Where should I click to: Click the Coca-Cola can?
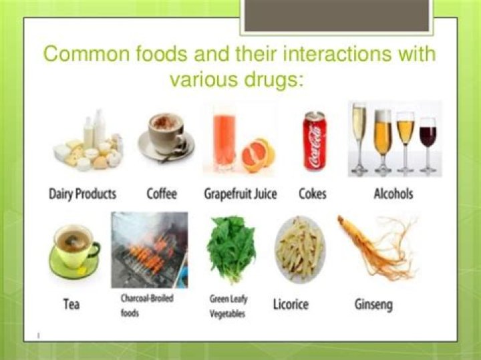[x=315, y=141]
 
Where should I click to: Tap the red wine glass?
[x=428, y=144]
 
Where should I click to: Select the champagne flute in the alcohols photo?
[x=359, y=139]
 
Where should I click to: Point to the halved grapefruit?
[x=259, y=154]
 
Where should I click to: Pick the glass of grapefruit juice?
[x=224, y=140]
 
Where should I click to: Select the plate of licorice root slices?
[x=299, y=249]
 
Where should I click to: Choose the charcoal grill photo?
[x=150, y=250]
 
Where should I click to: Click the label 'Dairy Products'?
[x=83, y=194]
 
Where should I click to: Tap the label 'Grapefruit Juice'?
[x=240, y=194]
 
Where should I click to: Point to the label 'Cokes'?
[x=313, y=194]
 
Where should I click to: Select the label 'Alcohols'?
[x=393, y=194]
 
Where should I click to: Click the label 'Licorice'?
[x=291, y=305]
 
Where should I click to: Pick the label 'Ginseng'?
[x=373, y=305]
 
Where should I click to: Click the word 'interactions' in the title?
[x=337, y=53]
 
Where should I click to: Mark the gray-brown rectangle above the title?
[x=337, y=15]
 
